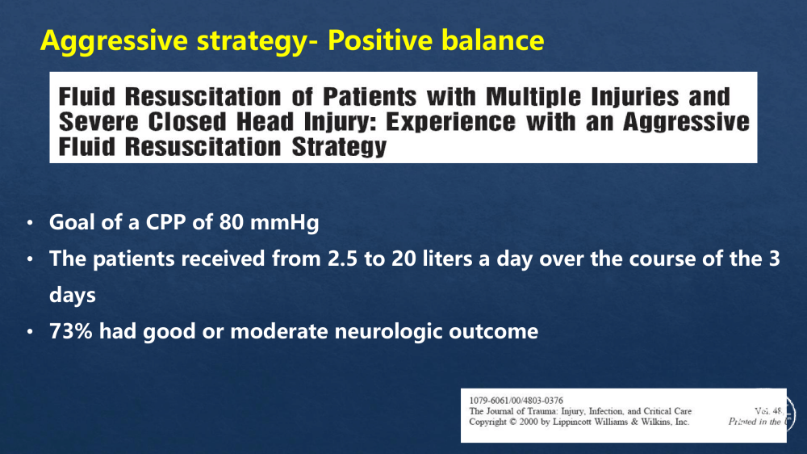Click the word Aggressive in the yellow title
pyautogui.click(x=114, y=40)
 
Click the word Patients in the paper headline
pyautogui.click(x=369, y=97)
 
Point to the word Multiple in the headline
pyautogui.click(x=533, y=98)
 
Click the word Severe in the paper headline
pyautogui.click(x=98, y=122)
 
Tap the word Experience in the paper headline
pyautogui.click(x=450, y=122)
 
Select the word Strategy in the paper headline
pyautogui.click(x=339, y=147)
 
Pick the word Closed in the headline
pyautogui.click(x=187, y=122)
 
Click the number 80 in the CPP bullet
pyautogui.click(x=232, y=223)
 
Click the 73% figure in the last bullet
pyautogui.click(x=70, y=331)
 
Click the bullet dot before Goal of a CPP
pyautogui.click(x=30, y=223)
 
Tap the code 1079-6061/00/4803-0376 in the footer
pyautogui.click(x=516, y=401)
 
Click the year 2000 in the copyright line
pyautogui.click(x=529, y=422)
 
